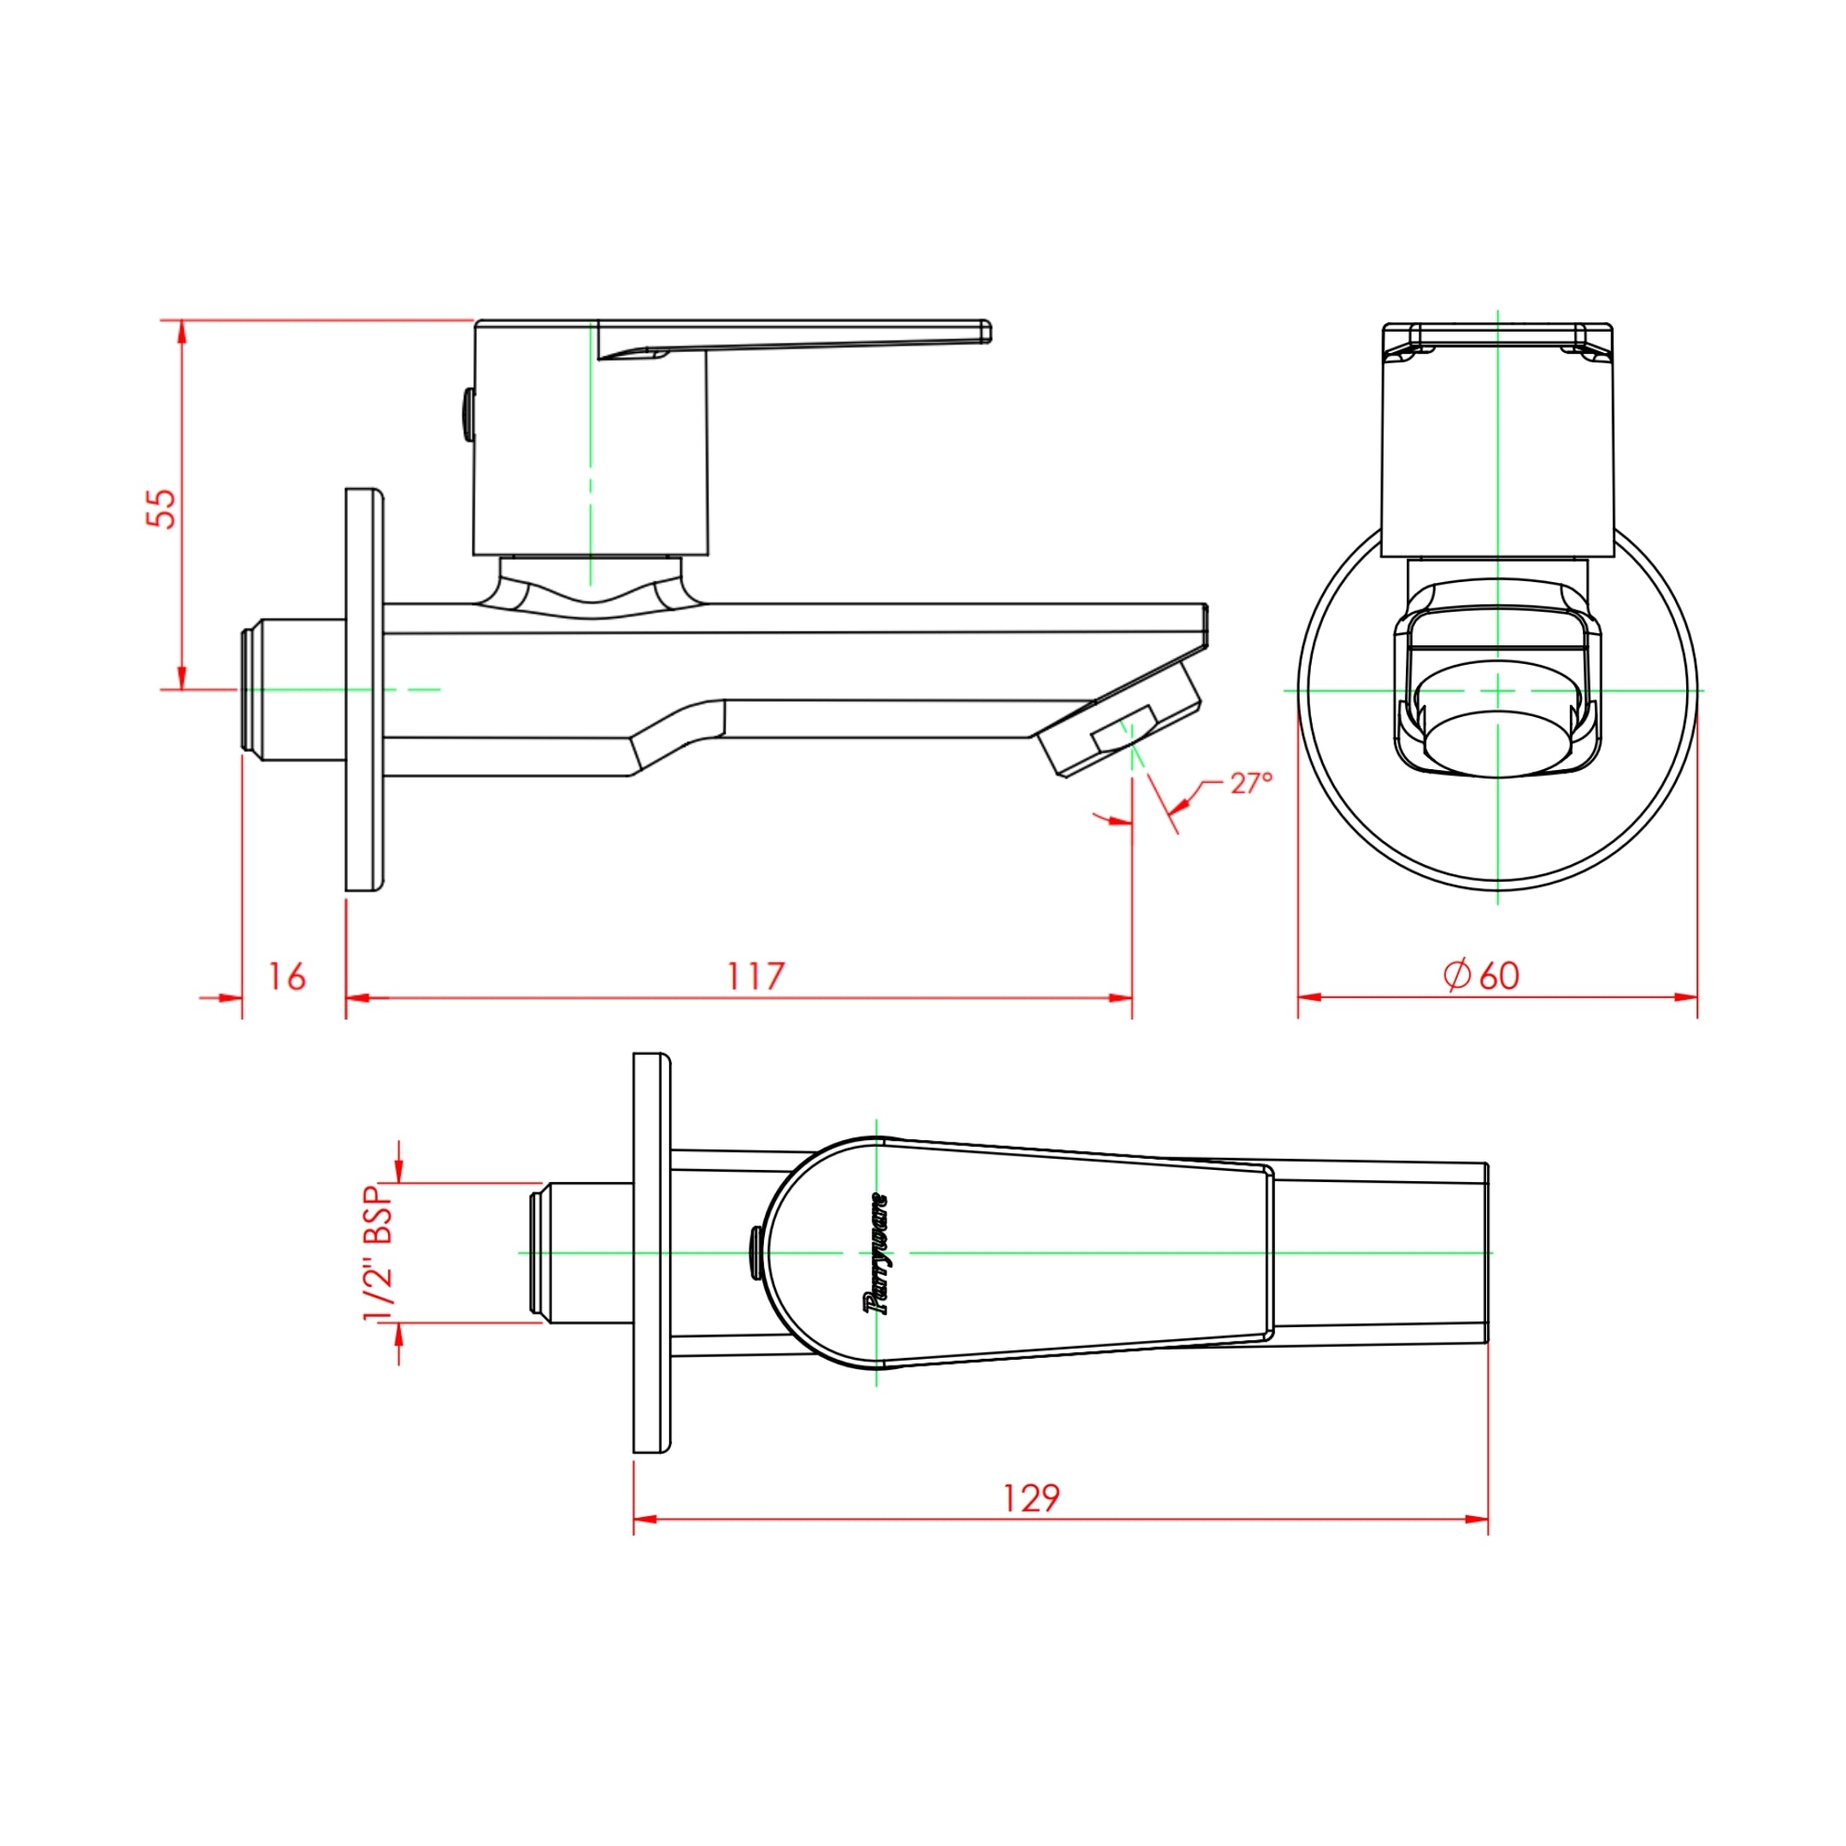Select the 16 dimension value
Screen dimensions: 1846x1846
(286, 977)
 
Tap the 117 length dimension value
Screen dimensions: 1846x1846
(755, 977)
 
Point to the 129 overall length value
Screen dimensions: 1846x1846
(1031, 1497)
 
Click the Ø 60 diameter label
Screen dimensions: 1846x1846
(1481, 975)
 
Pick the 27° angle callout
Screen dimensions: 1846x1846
(1250, 783)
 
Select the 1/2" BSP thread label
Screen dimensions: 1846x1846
(379, 1253)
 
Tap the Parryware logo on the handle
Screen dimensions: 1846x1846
(876, 1254)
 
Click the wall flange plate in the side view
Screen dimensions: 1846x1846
(365, 690)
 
